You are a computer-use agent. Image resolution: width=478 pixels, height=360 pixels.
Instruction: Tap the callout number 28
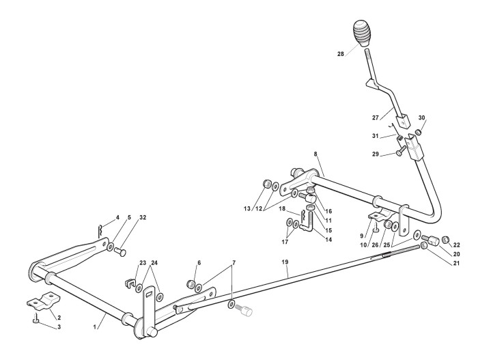point(341,54)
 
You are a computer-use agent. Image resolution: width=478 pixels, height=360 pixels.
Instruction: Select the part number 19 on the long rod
point(285,262)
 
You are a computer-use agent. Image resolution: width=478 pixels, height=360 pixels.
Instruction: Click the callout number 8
point(315,154)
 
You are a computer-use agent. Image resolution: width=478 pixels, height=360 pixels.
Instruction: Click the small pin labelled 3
point(36,319)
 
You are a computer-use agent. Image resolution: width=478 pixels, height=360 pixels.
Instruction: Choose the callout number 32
point(143,217)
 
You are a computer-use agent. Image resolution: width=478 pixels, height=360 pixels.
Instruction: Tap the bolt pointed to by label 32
point(121,252)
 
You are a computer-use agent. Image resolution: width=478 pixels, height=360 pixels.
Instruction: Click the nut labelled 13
point(268,184)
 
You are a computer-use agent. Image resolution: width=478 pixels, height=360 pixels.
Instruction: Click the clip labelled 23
point(130,283)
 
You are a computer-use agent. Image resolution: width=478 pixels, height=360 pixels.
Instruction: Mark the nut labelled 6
point(191,284)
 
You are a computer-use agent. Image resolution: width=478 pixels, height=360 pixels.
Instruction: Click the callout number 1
point(95,327)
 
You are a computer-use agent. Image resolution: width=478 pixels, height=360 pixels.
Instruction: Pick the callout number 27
point(376,117)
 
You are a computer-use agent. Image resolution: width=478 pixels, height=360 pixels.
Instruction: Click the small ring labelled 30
point(419,132)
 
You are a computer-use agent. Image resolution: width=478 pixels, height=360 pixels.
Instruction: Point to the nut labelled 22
point(445,240)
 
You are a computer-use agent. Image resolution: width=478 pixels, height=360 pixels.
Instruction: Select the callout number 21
point(456,263)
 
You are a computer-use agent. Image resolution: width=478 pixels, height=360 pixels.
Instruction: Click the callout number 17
point(285,242)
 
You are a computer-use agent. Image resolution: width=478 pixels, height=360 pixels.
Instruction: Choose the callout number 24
point(155,263)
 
